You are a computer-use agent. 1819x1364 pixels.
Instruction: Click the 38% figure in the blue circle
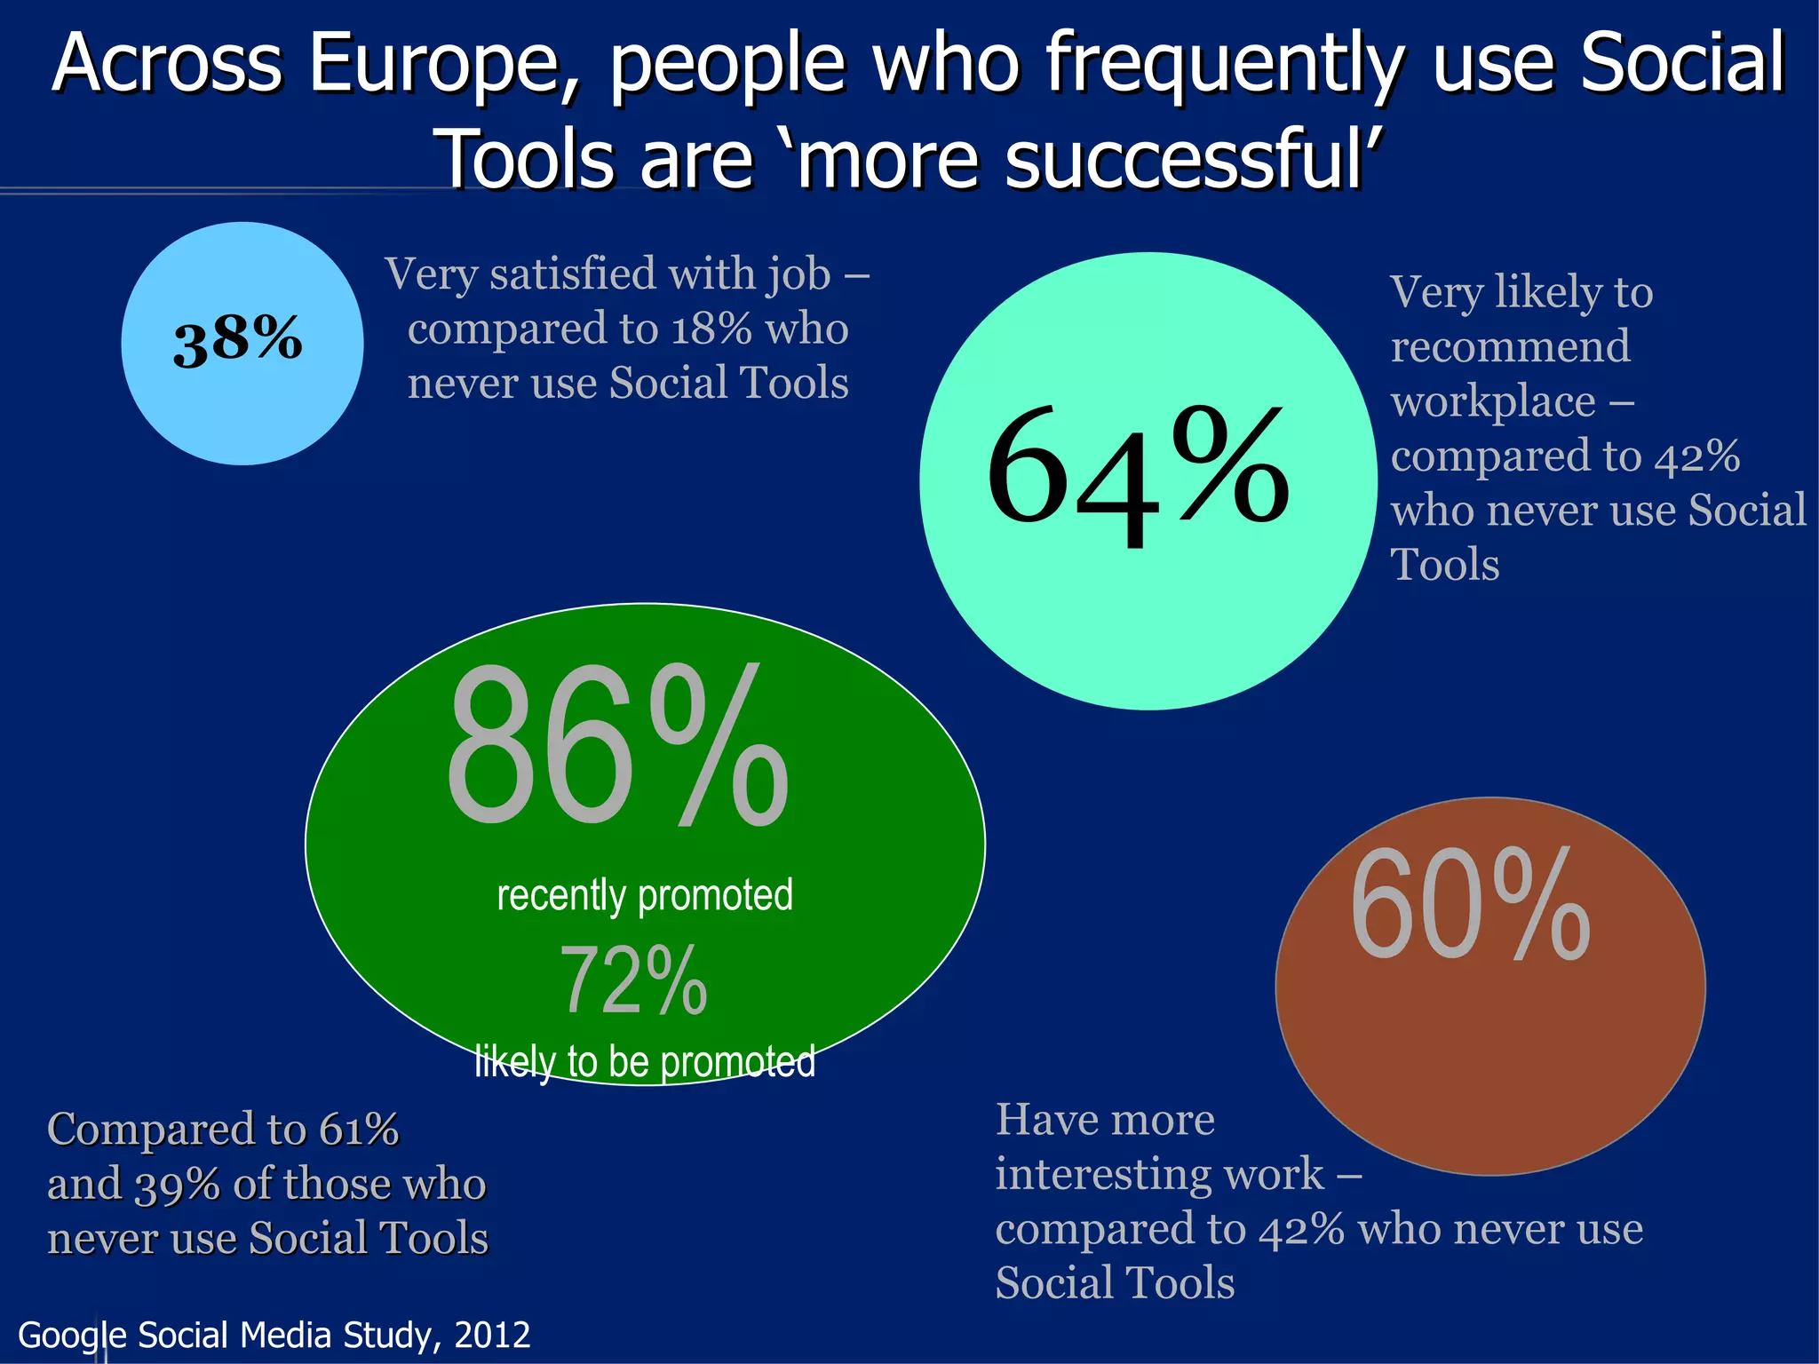pos(237,341)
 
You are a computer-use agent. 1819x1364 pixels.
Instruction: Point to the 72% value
pos(633,981)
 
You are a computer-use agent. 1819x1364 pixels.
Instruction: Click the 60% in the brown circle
pos(1470,906)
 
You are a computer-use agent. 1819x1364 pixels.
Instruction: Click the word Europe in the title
pos(435,64)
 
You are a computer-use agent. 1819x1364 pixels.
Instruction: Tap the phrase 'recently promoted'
pos(644,895)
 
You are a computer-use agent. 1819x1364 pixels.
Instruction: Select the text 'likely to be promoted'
pos(644,1062)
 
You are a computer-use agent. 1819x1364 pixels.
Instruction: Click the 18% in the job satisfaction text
pos(711,329)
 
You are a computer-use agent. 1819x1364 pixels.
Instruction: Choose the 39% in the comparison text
pos(177,1185)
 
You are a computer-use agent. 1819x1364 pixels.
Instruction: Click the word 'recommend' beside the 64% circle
pos(1510,346)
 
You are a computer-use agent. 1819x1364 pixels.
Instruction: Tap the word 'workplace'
pos(1494,402)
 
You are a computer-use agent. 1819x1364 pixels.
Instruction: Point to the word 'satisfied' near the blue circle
pos(574,274)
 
